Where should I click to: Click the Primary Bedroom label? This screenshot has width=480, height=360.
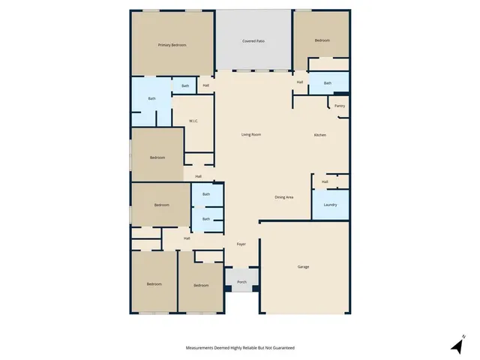click(x=172, y=46)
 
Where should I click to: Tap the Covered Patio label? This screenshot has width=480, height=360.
click(x=253, y=40)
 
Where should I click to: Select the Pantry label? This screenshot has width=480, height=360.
click(x=340, y=106)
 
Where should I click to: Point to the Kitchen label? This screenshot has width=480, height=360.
click(x=319, y=135)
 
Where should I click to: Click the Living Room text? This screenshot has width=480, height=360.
click(x=250, y=135)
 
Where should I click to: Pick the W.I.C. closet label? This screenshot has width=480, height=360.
click(x=193, y=120)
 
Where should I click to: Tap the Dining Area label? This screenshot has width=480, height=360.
click(x=283, y=197)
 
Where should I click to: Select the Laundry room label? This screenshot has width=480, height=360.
click(x=330, y=205)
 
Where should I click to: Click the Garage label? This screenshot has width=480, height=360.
click(x=303, y=267)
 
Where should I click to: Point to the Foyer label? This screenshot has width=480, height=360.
click(x=241, y=244)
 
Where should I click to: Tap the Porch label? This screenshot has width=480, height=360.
click(x=241, y=282)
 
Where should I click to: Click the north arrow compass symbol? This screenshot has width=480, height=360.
click(x=457, y=345)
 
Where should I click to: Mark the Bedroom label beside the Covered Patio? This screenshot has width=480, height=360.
click(x=322, y=40)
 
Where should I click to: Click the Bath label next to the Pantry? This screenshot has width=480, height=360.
click(x=328, y=83)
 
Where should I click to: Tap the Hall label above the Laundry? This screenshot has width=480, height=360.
click(x=325, y=181)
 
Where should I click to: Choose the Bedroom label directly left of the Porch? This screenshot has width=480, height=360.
click(x=201, y=285)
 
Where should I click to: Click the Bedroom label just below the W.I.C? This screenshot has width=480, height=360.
click(x=157, y=157)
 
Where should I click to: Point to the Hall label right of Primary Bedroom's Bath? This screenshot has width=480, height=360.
click(x=206, y=85)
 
